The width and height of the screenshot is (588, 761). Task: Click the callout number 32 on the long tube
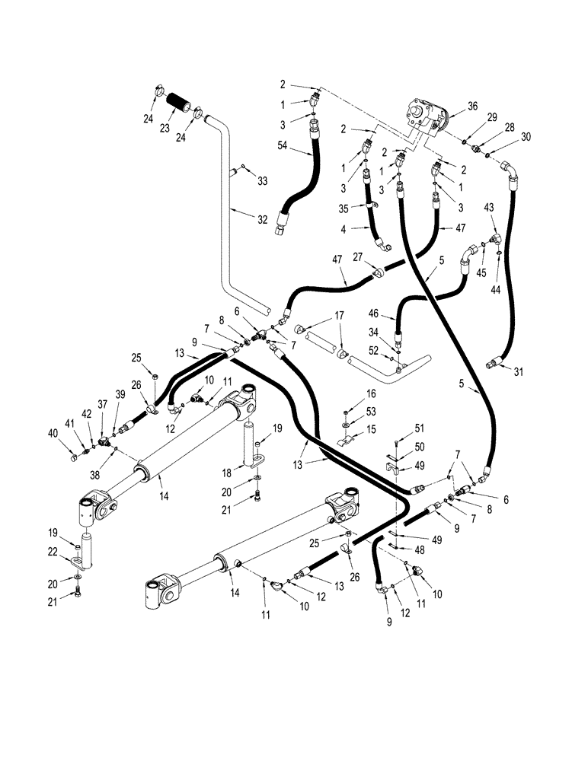click(262, 219)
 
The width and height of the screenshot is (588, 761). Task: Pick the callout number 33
click(262, 181)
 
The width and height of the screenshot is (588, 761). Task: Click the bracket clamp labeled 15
click(345, 443)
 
